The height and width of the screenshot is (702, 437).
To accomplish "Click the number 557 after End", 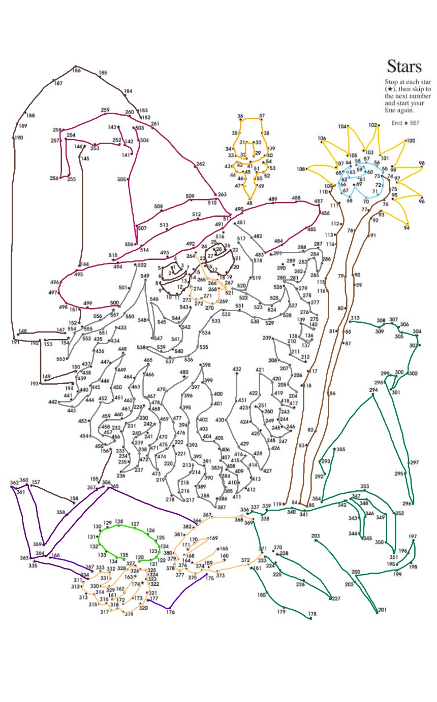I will (414, 123).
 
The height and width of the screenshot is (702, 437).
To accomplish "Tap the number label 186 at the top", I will (77, 70).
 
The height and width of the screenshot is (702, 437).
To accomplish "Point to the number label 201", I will (382, 610).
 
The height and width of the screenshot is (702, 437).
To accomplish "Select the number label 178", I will (313, 614).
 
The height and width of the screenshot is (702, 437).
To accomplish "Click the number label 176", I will (170, 613).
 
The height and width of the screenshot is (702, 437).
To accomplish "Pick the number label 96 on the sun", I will (421, 202).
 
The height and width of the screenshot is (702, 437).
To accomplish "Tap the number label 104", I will (342, 126).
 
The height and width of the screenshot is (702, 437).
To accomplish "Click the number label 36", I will (240, 116).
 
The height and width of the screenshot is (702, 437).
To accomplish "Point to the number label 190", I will (19, 138).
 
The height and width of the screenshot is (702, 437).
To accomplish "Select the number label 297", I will (414, 462).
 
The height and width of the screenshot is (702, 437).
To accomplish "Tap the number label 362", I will (14, 482).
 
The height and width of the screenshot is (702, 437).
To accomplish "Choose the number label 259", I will (105, 110).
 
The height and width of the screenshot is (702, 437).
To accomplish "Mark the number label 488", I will (296, 198).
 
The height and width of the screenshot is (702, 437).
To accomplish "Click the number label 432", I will (237, 369).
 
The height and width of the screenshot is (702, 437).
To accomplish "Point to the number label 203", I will (316, 536).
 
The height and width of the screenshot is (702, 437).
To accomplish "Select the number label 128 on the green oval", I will (119, 521).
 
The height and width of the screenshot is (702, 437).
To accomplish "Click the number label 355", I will (340, 449).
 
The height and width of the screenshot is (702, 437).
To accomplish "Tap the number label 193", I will (34, 384).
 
